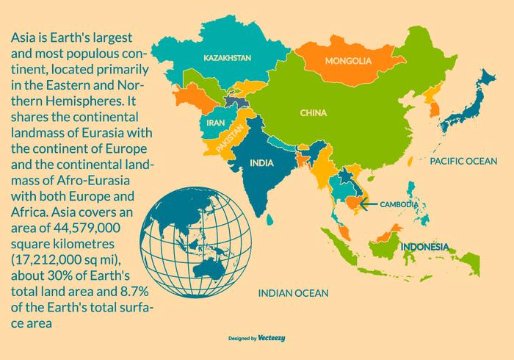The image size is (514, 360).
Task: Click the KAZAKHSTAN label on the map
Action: tap(228, 57)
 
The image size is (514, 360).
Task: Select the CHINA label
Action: tap(314, 113)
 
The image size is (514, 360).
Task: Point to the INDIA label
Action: tap(262, 162)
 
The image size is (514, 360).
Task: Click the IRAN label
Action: tap(215, 123)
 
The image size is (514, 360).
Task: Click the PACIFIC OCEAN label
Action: tap(463, 160)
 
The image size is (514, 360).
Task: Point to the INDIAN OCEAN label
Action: tap(293, 292)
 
